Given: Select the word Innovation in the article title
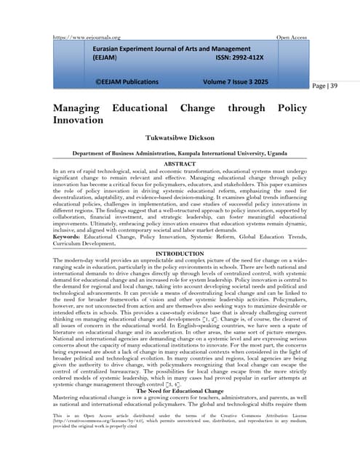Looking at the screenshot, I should tap(78, 119).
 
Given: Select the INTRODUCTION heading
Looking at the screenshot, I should tap(180, 253).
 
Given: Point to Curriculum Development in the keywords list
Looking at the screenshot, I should tap(85, 245).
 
